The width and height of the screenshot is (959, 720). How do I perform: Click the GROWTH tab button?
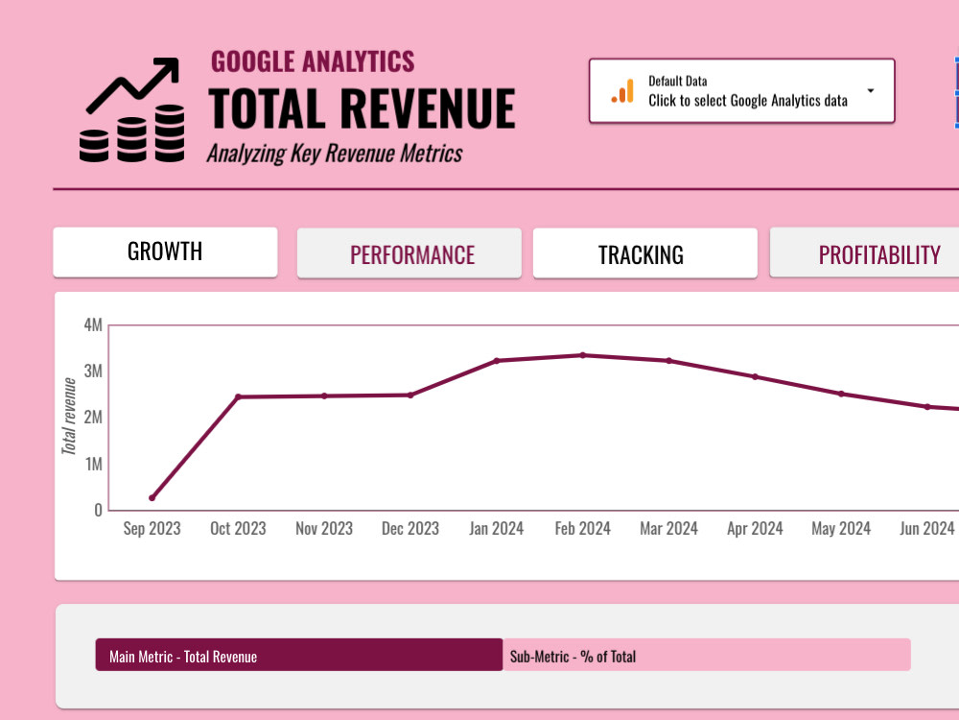tap(165, 252)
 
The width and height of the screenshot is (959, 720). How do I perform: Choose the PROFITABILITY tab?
tap(877, 254)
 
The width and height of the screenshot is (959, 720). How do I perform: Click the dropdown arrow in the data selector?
tap(871, 91)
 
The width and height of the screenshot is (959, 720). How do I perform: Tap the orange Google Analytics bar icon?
tap(623, 91)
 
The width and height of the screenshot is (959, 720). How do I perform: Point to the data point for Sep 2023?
tap(152, 497)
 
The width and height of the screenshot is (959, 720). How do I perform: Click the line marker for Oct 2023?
tap(238, 396)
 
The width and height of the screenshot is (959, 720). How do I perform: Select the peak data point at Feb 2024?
tap(583, 355)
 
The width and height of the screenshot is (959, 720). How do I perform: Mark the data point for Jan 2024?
tap(497, 361)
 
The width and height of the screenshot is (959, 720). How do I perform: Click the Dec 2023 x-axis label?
tap(410, 529)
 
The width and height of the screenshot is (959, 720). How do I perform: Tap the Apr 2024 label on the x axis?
tap(755, 529)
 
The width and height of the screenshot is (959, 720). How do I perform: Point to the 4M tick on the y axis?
tap(93, 325)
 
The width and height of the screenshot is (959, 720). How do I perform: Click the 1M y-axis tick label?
tap(93, 464)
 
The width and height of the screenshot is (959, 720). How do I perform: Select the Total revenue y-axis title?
tap(69, 417)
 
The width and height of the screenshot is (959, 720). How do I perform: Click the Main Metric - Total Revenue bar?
tap(298, 656)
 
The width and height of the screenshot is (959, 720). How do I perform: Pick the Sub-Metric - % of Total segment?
tap(706, 656)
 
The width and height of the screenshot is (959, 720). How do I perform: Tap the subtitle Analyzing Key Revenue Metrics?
tap(335, 154)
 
